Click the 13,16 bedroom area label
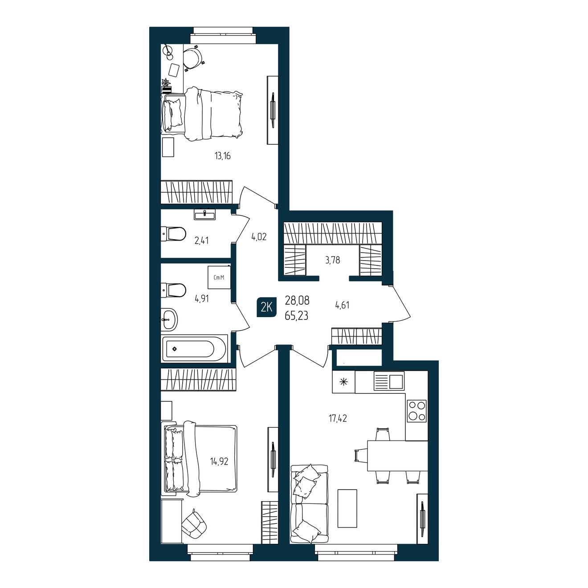pyautogui.click(x=222, y=156)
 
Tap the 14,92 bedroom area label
pyautogui.click(x=219, y=461)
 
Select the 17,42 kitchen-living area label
pyautogui.click(x=338, y=418)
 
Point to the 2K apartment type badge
pyautogui.click(x=266, y=307)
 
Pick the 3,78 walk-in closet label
pyautogui.click(x=332, y=260)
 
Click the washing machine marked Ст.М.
pyautogui.click(x=219, y=278)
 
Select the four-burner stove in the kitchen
pyautogui.click(x=417, y=411)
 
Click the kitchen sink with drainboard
pyautogui.click(x=389, y=381)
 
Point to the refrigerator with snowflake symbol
pyautogui.click(x=343, y=382)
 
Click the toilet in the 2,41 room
pyautogui.click(x=173, y=234)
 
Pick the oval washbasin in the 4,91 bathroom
pyautogui.click(x=169, y=319)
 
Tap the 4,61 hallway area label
pyautogui.click(x=342, y=305)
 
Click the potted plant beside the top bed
pyautogui.click(x=166, y=86)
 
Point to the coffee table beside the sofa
pyautogui.click(x=347, y=508)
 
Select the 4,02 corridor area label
pyautogui.click(x=259, y=237)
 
